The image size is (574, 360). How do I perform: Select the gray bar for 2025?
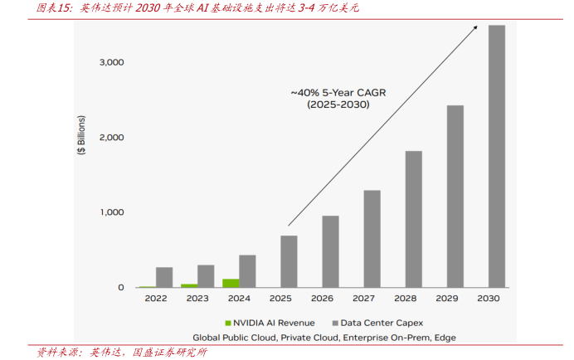click(x=289, y=261)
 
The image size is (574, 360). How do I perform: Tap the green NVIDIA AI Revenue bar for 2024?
click(x=231, y=283)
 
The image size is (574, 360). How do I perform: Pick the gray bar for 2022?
click(x=164, y=277)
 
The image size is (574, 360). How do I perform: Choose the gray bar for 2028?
click(x=413, y=219)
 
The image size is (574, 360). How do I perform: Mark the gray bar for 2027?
click(x=372, y=239)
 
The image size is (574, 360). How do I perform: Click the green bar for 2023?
click(x=189, y=285)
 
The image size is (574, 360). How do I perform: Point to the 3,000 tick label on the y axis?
click(x=110, y=62)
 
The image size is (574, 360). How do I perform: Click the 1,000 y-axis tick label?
click(x=110, y=212)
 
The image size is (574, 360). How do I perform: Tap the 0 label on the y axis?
click(x=121, y=288)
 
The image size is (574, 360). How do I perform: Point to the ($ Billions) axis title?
click(x=81, y=138)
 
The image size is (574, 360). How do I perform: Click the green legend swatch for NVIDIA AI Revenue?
click(x=227, y=322)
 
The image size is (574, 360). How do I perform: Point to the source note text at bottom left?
click(x=116, y=352)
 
